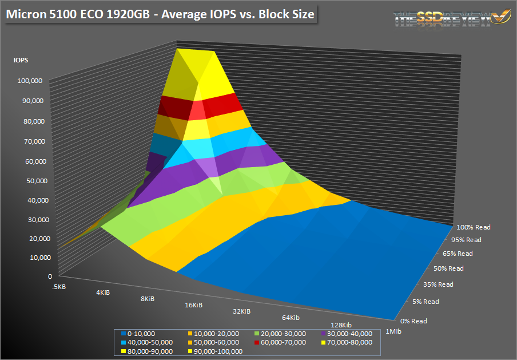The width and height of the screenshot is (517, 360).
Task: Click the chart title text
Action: (160, 15)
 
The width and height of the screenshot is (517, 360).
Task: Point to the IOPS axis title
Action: (21, 59)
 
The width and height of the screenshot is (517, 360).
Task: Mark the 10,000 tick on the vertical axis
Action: (33, 257)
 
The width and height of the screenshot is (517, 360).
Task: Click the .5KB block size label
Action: (58, 286)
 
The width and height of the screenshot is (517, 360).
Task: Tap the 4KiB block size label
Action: (104, 292)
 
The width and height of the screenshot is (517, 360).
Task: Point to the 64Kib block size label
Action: (291, 317)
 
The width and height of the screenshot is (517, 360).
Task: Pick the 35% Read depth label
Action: (438, 284)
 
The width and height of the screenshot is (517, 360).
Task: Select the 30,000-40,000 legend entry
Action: (349, 333)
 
